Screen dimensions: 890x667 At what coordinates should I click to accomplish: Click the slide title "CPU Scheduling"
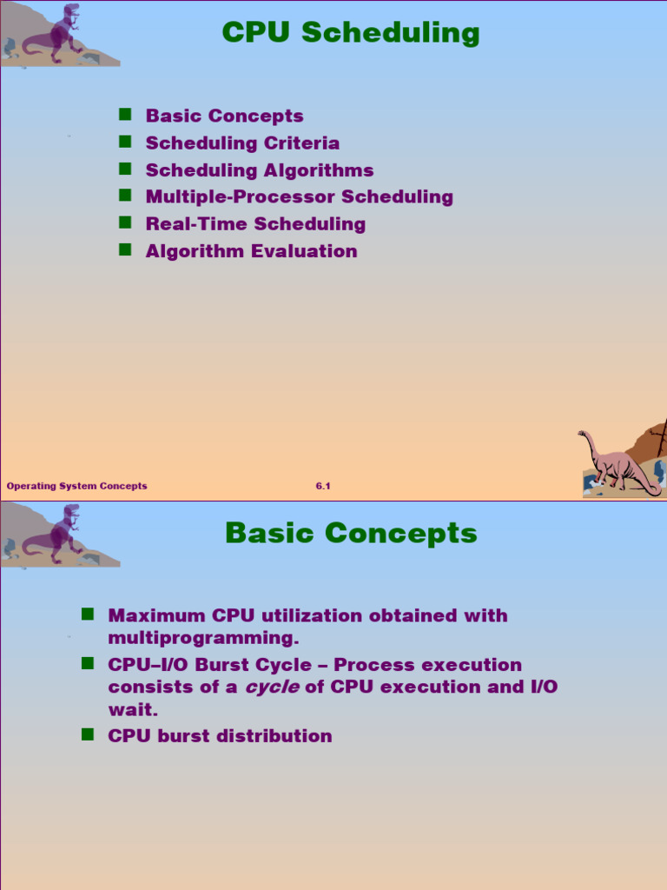tap(351, 33)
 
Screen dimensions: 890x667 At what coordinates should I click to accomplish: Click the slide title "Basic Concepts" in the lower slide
tap(351, 533)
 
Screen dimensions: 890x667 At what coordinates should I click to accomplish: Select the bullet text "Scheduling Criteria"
tap(242, 143)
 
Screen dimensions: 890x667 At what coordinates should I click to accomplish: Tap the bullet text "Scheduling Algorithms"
tap(260, 170)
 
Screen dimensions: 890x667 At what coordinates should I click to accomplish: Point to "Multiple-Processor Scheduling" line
tap(299, 197)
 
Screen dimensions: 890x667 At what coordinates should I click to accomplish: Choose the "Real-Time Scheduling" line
tap(255, 224)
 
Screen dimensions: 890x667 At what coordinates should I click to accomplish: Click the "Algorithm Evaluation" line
tap(251, 251)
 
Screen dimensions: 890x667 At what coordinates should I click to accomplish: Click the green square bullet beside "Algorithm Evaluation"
tap(125, 249)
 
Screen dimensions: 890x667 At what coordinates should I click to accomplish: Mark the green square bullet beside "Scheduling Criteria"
tap(125, 142)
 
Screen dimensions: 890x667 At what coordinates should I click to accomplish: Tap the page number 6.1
tap(323, 487)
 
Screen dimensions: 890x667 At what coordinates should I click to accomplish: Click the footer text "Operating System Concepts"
tap(76, 487)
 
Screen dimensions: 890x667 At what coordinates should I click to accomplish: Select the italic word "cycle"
tap(278, 687)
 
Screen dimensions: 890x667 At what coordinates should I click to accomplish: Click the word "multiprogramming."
tap(203, 638)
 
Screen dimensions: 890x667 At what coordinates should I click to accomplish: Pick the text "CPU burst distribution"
tap(220, 736)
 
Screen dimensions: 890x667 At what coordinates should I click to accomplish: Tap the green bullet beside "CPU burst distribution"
tap(88, 734)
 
